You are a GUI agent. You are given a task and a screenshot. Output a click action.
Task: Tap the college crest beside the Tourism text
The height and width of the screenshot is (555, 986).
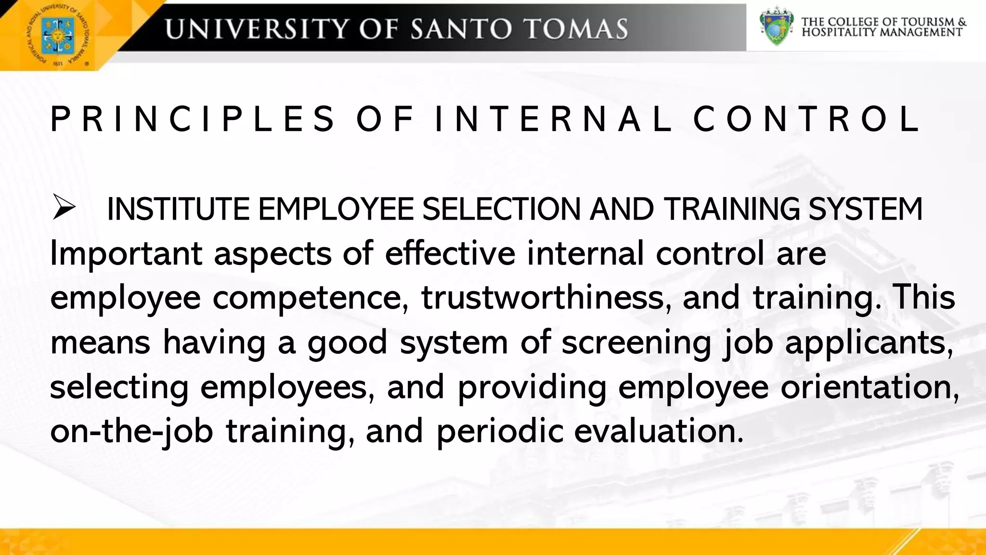coord(776,26)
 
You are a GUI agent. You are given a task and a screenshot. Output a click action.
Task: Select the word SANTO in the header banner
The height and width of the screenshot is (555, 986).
coord(461,29)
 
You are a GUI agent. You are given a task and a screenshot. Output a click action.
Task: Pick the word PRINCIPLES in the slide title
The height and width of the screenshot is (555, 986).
coord(193,119)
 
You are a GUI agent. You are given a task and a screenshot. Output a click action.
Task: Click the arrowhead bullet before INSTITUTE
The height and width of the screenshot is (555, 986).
coord(64,208)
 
